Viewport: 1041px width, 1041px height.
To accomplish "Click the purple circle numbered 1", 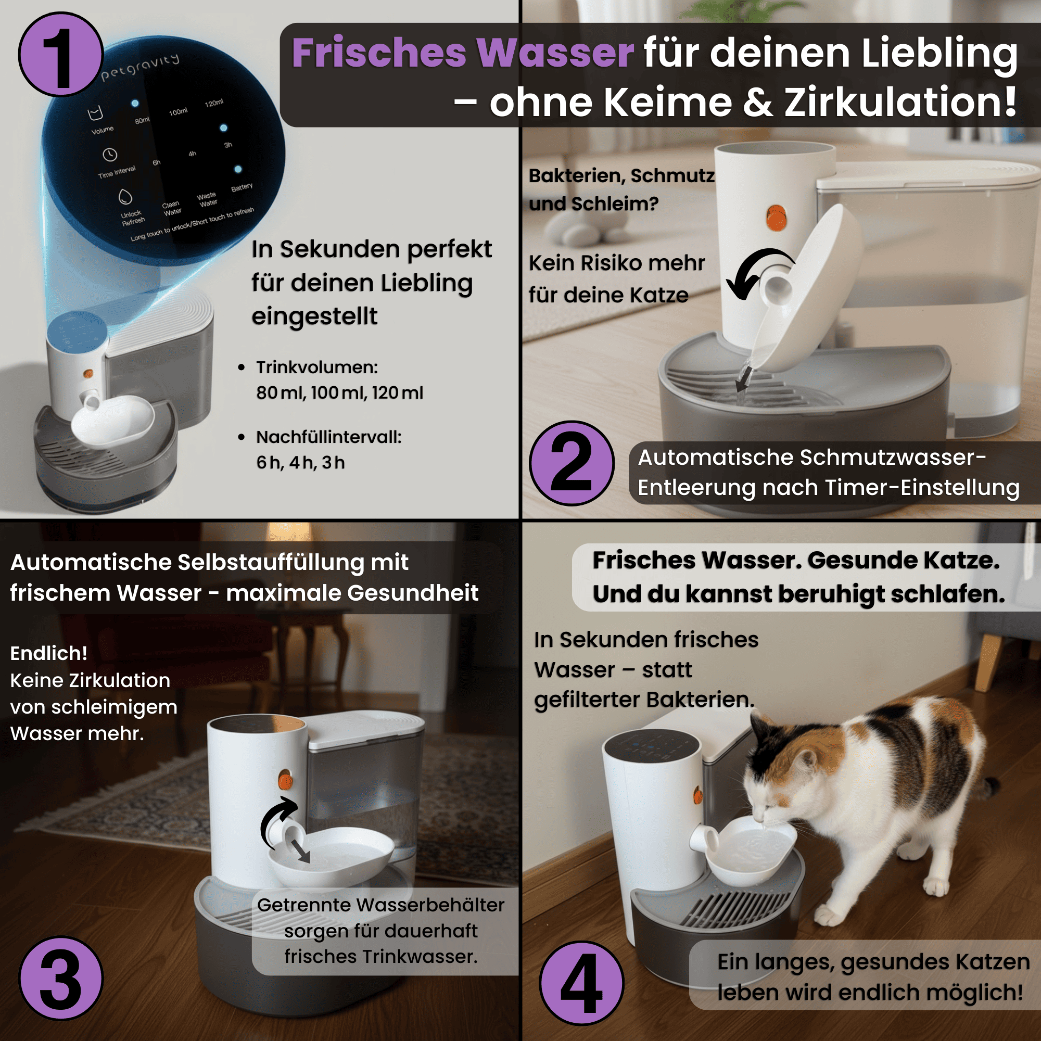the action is (x=61, y=55).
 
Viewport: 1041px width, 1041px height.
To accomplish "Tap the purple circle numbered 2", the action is (x=572, y=463).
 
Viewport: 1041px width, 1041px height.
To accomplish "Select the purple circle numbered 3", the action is (x=61, y=978).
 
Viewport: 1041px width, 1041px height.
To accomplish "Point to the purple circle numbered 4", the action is (x=582, y=983).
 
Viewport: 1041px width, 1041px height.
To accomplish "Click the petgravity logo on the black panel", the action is (x=140, y=66).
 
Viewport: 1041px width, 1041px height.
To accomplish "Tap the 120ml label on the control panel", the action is (x=214, y=103).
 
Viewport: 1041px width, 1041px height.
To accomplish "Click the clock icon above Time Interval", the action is (x=110, y=155).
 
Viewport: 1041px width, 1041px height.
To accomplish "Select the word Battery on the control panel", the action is (x=242, y=187).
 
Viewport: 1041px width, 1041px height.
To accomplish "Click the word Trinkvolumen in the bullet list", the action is (x=317, y=367).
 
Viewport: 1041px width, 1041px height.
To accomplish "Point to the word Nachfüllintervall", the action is (x=328, y=437).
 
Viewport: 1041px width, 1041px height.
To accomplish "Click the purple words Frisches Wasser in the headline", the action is (x=463, y=53).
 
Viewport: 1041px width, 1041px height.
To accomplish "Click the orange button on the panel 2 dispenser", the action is (x=777, y=217).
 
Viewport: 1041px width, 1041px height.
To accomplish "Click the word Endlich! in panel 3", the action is (x=48, y=653).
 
